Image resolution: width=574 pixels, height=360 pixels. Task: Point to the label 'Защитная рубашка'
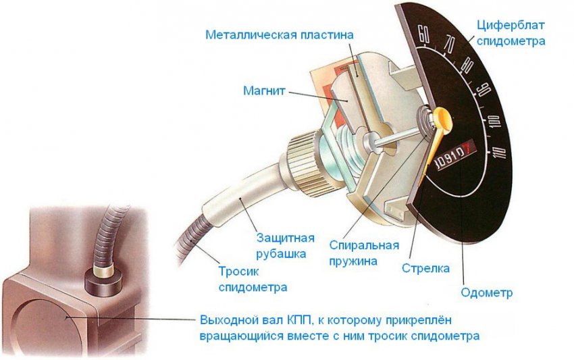(x=286, y=246)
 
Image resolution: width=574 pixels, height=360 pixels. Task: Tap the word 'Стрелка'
(x=425, y=268)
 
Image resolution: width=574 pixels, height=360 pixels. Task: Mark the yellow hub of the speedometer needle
(x=442, y=120)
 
